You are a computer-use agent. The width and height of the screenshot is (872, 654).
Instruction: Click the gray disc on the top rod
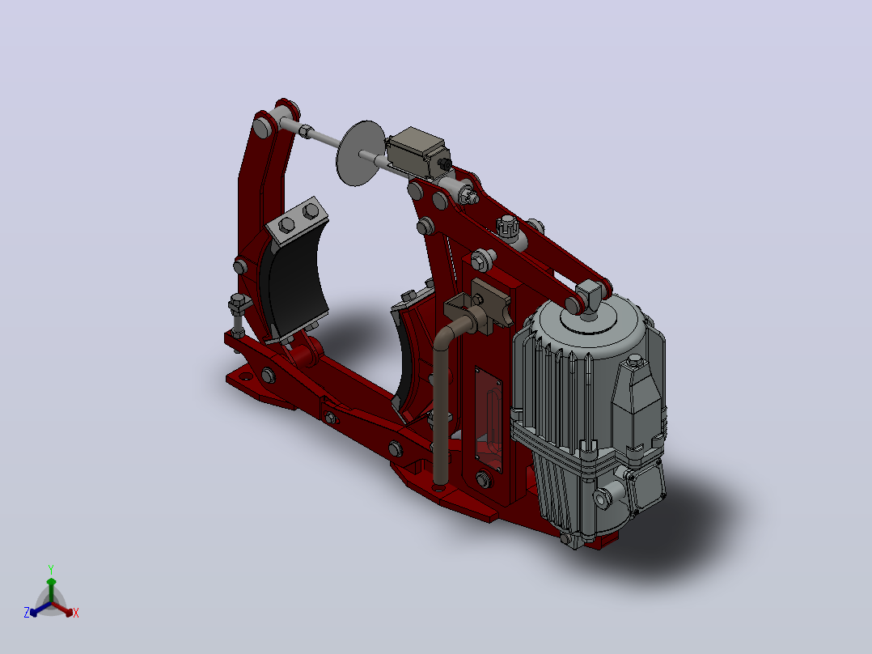pyautogui.click(x=360, y=153)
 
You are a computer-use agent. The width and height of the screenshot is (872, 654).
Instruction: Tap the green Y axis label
pyautogui.click(x=51, y=570)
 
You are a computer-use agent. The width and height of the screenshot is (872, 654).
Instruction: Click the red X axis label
pyautogui.click(x=76, y=613)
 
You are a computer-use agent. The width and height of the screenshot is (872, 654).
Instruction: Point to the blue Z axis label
pyautogui.click(x=27, y=613)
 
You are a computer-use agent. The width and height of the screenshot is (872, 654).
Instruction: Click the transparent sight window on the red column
pyautogui.click(x=489, y=418)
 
